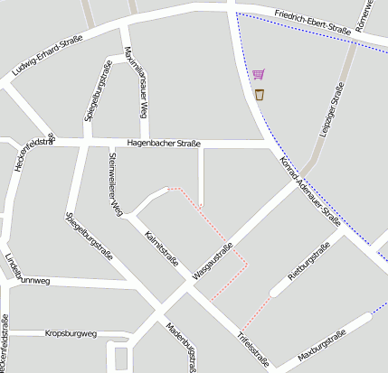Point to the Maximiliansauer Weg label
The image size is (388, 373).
[135, 82]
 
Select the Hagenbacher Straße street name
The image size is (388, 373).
[164, 143]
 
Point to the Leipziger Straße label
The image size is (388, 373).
[332, 109]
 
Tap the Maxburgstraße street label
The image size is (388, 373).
[322, 350]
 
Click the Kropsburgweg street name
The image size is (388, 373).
[71, 333]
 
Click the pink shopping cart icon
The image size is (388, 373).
[259, 75]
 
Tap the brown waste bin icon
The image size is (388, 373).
[260, 94]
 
